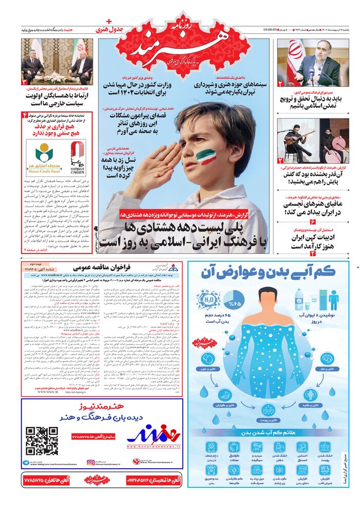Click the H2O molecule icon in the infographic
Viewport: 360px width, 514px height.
[x=208, y=299]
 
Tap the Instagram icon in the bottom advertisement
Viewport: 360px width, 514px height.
[x=91, y=462]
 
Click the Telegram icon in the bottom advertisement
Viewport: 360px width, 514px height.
[x=27, y=462]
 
